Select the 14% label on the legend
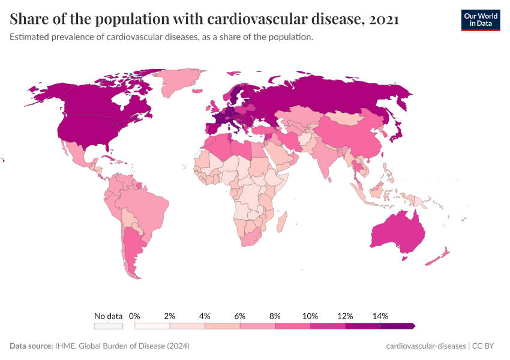(x=380, y=316)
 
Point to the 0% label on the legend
(x=134, y=316)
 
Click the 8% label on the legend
(x=275, y=316)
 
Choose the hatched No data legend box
(x=108, y=326)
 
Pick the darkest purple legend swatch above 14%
(x=397, y=326)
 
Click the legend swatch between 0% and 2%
(x=152, y=326)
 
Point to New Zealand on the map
(x=437, y=257)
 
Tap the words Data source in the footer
(x=30, y=346)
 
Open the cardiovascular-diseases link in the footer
(x=426, y=346)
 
